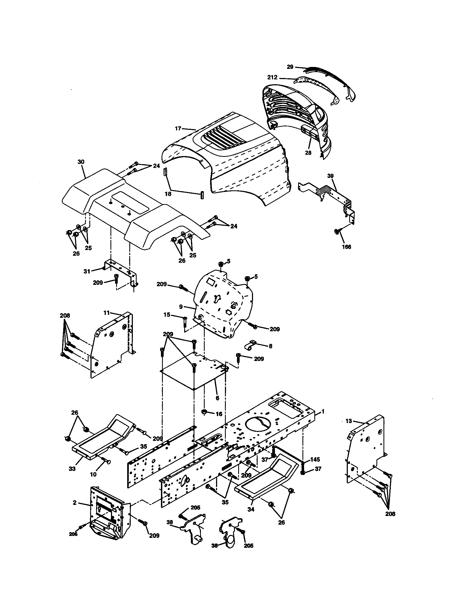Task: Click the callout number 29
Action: point(290,67)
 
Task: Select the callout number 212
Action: point(272,77)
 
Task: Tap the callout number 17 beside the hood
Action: point(178,129)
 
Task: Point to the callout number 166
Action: point(346,247)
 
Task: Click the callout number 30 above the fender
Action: point(81,162)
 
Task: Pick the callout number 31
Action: point(87,271)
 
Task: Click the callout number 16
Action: point(219,422)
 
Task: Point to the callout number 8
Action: point(270,346)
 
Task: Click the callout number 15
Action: point(167,315)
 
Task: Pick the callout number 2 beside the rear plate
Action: point(75,503)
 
